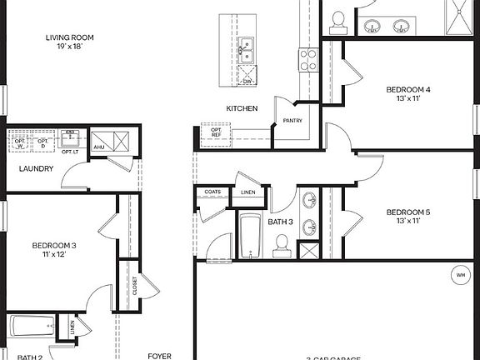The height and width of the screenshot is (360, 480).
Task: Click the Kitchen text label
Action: [242, 109]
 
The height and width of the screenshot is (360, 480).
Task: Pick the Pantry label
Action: [292, 121]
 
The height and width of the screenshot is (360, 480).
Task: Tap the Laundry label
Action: [37, 169]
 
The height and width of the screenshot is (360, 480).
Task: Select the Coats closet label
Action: [212, 192]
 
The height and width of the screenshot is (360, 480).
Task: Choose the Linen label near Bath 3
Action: [248, 192]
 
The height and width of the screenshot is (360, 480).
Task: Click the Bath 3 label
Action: [280, 222]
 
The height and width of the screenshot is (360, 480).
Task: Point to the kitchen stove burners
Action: [308, 58]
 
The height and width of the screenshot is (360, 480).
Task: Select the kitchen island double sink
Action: [247, 52]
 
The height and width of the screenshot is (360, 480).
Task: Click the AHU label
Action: [99, 147]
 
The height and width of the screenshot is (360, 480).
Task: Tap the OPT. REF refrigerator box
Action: [216, 133]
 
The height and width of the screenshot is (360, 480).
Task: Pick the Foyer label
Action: [159, 356]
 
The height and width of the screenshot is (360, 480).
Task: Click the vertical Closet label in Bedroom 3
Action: [134, 286]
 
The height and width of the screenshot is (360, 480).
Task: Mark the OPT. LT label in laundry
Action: [70, 151]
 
